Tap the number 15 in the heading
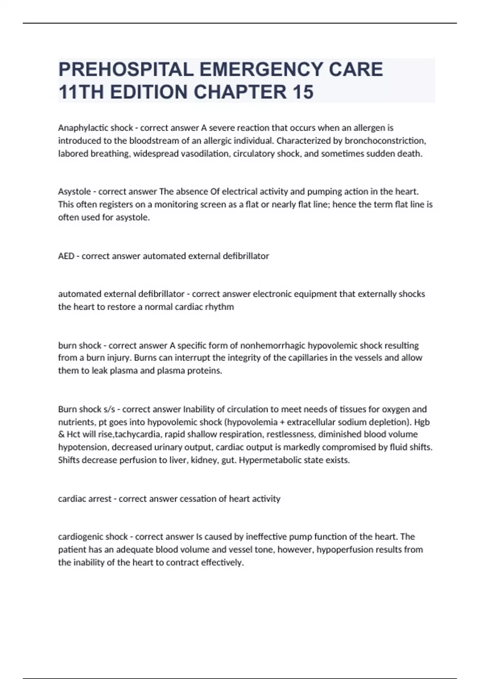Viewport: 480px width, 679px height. pyautogui.click(x=303, y=92)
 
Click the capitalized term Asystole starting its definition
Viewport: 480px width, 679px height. pyautogui.click(x=74, y=192)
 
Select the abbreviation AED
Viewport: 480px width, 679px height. pyautogui.click(x=66, y=256)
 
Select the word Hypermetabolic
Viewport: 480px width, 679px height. pyautogui.click(x=268, y=460)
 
